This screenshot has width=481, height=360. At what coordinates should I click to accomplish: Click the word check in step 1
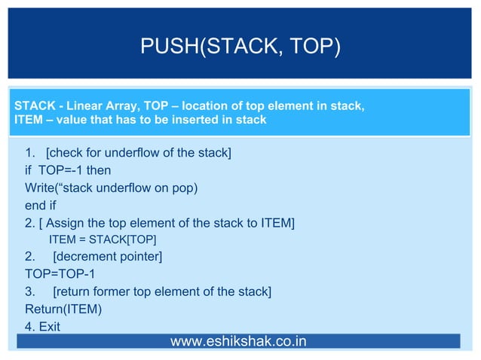click(69, 154)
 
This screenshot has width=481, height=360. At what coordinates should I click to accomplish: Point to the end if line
click(41, 204)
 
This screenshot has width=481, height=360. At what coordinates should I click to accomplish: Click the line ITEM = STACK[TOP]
click(103, 239)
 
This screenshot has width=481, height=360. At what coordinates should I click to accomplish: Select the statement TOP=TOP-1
click(60, 273)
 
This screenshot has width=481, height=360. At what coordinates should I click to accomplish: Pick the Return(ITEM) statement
click(63, 309)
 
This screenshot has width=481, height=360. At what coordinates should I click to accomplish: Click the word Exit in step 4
click(49, 326)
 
